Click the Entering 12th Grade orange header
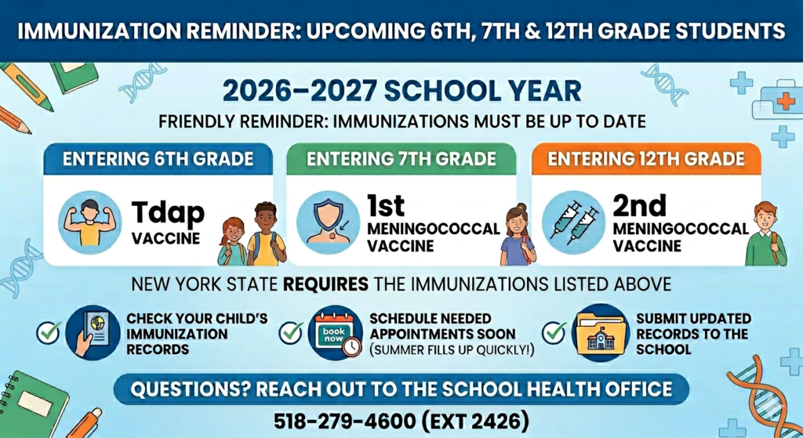point(646,159)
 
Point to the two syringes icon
point(573,221)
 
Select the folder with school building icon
point(599,332)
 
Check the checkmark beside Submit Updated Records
point(554,331)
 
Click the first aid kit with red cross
point(776,102)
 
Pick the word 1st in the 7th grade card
point(386,205)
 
